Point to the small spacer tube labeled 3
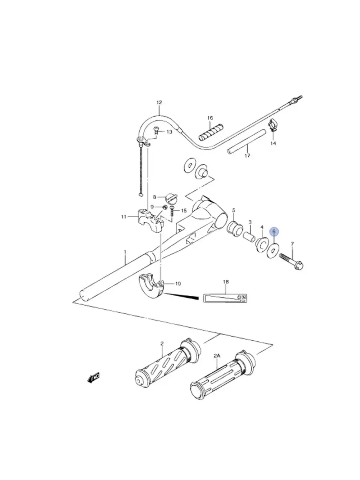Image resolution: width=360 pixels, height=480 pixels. (249, 237)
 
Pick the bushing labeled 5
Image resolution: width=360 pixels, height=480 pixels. (234, 228)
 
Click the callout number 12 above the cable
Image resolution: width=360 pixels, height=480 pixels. (159, 103)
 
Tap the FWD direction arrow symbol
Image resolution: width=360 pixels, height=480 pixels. (94, 378)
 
